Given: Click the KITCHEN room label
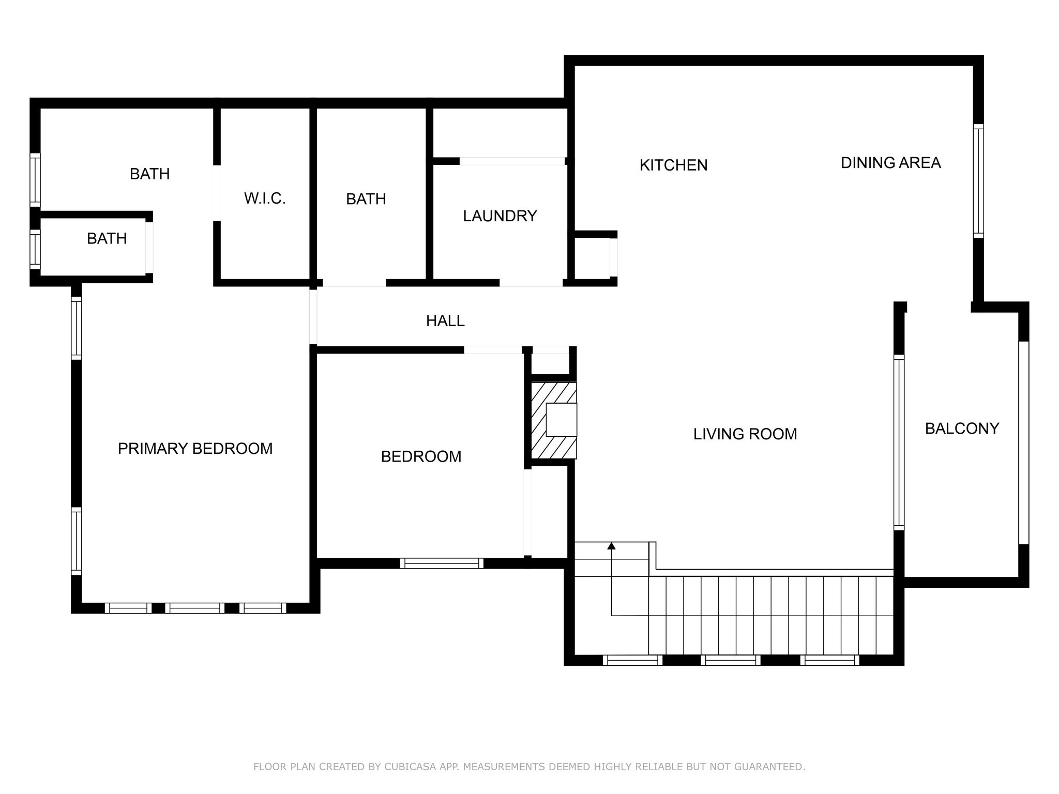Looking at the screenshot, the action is point(673,165).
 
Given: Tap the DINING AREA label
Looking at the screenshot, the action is point(890,163).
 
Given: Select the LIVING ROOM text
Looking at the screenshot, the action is point(745,434).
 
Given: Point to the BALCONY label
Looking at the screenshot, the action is point(962,429).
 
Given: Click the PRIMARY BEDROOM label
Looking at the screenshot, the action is point(195,449).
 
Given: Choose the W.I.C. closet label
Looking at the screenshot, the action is point(265,198).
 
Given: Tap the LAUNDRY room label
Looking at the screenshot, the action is point(500,216).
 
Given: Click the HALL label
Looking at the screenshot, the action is point(445,321).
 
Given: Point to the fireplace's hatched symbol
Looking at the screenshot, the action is point(554,420).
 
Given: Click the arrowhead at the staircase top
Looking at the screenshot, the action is point(612,546).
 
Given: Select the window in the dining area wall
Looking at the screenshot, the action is point(978,181).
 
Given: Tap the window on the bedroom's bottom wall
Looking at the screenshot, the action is point(442,563).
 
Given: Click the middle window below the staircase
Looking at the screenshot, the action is point(731,660).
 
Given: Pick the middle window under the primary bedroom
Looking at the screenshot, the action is point(195,608).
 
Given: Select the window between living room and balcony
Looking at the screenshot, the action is point(899,442).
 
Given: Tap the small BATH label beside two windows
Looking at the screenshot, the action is point(107,239).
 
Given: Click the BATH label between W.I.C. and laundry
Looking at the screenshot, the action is point(366,199).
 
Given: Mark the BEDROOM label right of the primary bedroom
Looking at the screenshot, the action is point(421,457).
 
